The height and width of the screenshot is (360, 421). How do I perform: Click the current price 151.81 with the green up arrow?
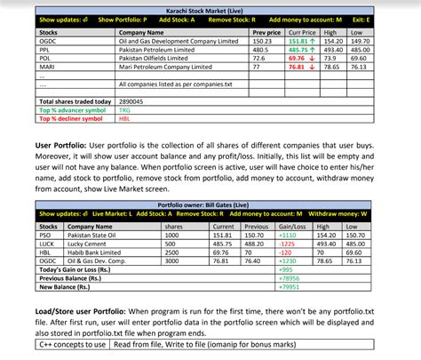click(303, 40)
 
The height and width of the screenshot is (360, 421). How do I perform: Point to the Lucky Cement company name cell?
click(98, 244)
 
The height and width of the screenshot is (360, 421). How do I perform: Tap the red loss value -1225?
click(287, 244)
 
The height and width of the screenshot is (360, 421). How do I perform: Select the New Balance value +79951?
click(289, 286)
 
